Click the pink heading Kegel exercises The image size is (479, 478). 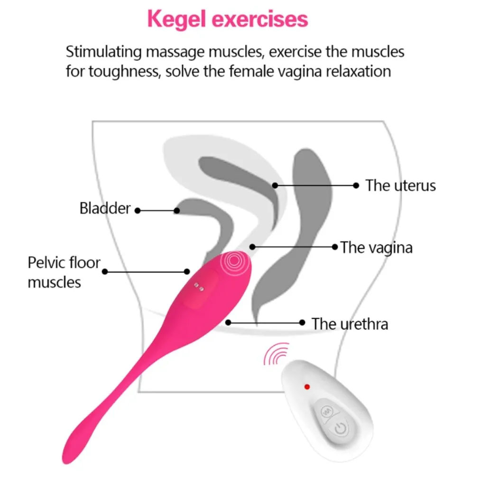click(x=228, y=20)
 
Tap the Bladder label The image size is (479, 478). click(x=105, y=208)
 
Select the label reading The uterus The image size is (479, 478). click(x=400, y=185)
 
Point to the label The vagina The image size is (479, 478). click(x=376, y=247)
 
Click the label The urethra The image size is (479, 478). click(x=350, y=324)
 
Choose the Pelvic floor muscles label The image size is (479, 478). click(x=64, y=272)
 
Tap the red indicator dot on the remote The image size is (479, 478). click(x=307, y=387)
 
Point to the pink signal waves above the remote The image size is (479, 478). click(x=276, y=354)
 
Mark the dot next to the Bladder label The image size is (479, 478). click(x=138, y=210)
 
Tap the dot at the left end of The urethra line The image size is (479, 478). click(x=228, y=322)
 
